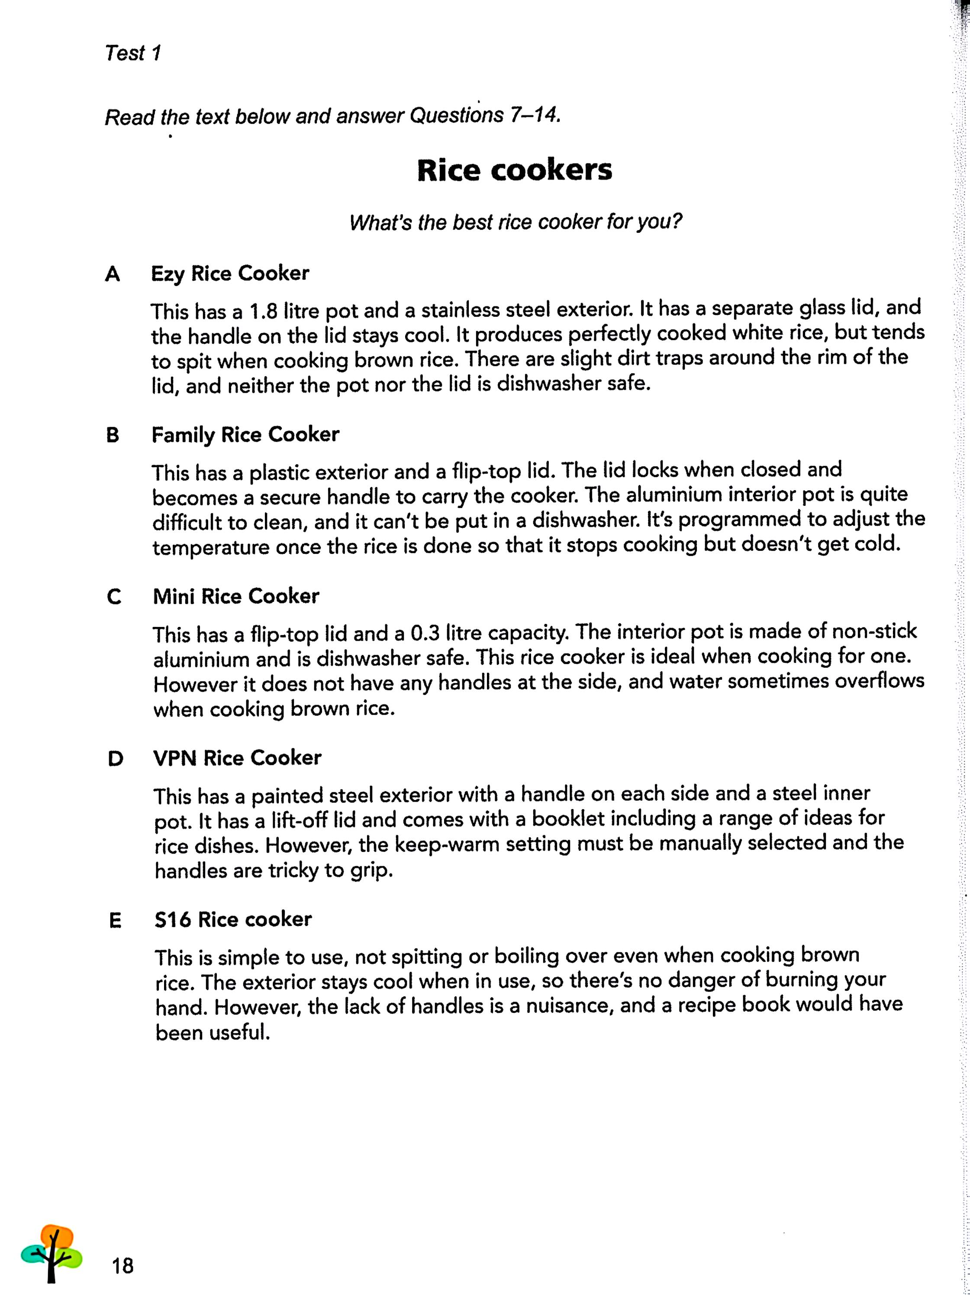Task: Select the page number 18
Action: pyautogui.click(x=123, y=1266)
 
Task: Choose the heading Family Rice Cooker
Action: pyautogui.click(x=245, y=435)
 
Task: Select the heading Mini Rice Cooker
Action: pyautogui.click(x=236, y=596)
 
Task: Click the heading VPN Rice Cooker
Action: pyautogui.click(x=237, y=758)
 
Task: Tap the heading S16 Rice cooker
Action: pyautogui.click(x=233, y=919)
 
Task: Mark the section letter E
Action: pyautogui.click(x=115, y=921)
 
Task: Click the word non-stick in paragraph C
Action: pyautogui.click(x=872, y=631)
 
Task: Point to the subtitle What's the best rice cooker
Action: pyautogui.click(x=516, y=222)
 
